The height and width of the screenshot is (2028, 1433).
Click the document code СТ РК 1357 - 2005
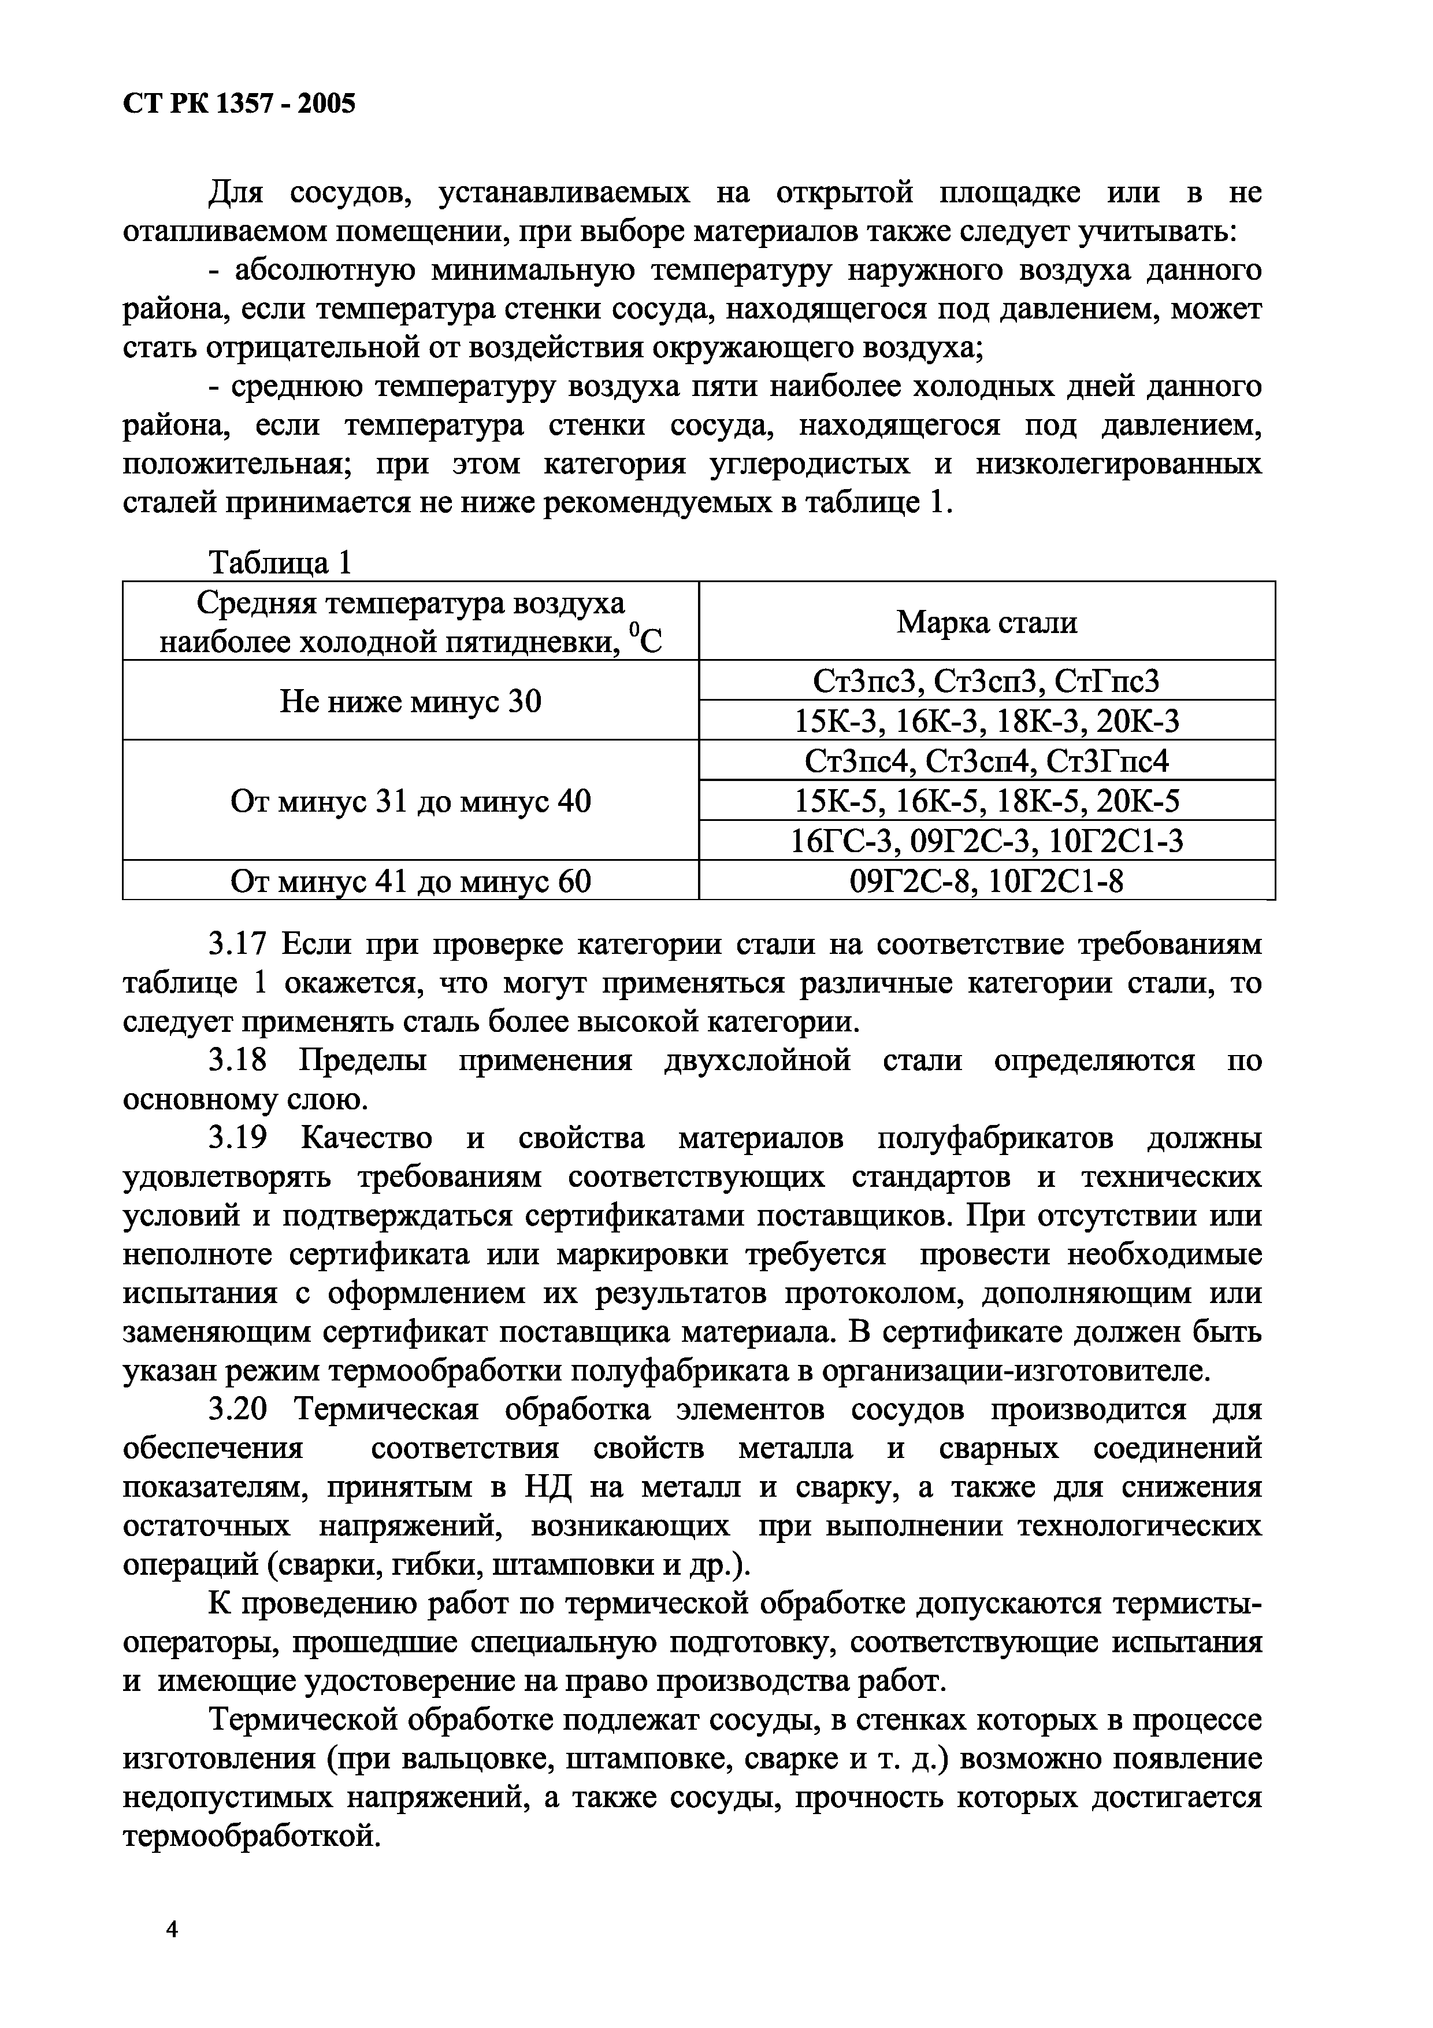[239, 104]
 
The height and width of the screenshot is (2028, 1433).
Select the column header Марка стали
[986, 623]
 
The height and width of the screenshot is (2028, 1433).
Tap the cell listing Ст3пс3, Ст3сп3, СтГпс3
[986, 681]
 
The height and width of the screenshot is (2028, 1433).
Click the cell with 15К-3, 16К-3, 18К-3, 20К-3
[986, 721]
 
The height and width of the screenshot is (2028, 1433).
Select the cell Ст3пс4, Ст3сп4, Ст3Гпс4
[986, 761]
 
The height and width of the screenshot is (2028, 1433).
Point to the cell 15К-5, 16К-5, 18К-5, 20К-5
[986, 801]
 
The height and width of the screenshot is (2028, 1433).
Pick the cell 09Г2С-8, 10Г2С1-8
[986, 880]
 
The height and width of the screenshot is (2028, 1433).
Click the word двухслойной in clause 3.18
[757, 1060]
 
